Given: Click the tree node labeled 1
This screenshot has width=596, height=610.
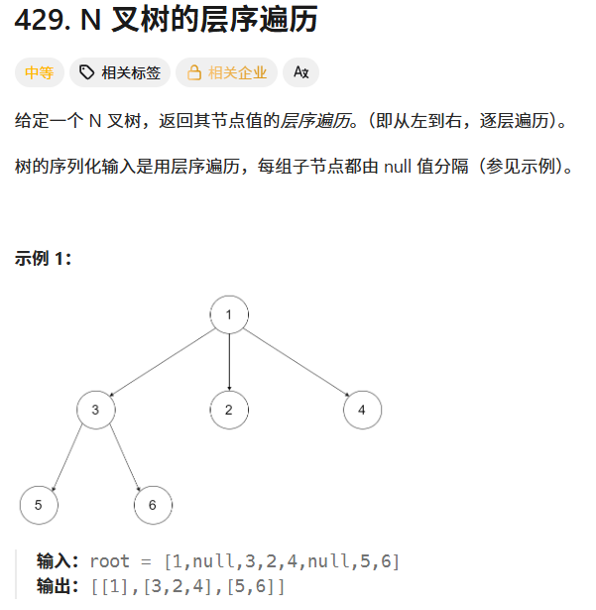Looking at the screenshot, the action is tap(229, 315).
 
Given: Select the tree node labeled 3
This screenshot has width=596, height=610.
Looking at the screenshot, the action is tap(96, 410).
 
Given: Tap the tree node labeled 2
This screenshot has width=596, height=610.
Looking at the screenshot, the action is tap(229, 410).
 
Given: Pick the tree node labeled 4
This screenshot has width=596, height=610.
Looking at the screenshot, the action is tap(362, 410).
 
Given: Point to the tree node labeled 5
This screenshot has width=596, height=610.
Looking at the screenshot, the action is tap(39, 505).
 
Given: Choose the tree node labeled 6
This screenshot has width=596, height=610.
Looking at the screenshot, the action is tap(153, 505).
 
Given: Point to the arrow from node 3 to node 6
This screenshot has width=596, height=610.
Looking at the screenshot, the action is tap(125, 457).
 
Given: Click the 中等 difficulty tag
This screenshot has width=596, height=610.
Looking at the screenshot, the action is tap(40, 72).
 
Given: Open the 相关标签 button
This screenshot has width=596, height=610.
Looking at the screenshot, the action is tap(120, 72).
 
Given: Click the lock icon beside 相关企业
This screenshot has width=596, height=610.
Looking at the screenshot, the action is tap(194, 72).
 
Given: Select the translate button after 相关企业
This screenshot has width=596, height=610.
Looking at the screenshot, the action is tap(301, 72).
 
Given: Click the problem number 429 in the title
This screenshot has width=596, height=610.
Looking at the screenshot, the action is tap(40, 21).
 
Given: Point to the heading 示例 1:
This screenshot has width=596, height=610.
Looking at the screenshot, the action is tap(44, 259).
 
